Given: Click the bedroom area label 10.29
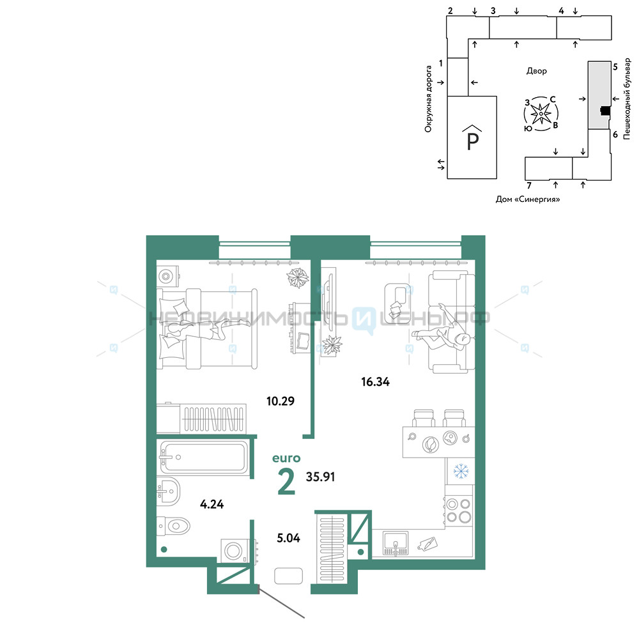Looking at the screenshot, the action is (x=281, y=401).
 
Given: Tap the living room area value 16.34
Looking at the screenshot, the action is (x=375, y=382).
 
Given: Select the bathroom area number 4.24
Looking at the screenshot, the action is (x=212, y=504).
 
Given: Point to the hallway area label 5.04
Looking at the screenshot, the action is (x=289, y=538).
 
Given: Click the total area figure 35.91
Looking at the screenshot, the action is (x=321, y=477).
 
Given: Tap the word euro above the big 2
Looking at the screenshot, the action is (x=286, y=458).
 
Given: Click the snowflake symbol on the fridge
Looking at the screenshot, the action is (x=461, y=471).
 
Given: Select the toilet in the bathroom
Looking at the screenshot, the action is (x=174, y=526).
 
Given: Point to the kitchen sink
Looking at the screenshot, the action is (x=396, y=544).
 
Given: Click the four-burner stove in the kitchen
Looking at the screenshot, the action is (x=459, y=510).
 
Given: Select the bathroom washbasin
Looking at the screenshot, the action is (x=169, y=491).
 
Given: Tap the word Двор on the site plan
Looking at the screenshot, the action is (x=536, y=71).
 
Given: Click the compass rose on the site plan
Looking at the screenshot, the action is (x=541, y=114).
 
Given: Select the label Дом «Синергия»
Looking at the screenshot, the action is (x=528, y=199).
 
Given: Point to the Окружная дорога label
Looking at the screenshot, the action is (x=428, y=99).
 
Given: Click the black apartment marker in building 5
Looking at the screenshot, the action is (x=606, y=111).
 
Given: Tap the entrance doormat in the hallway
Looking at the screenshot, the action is (x=289, y=576).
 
